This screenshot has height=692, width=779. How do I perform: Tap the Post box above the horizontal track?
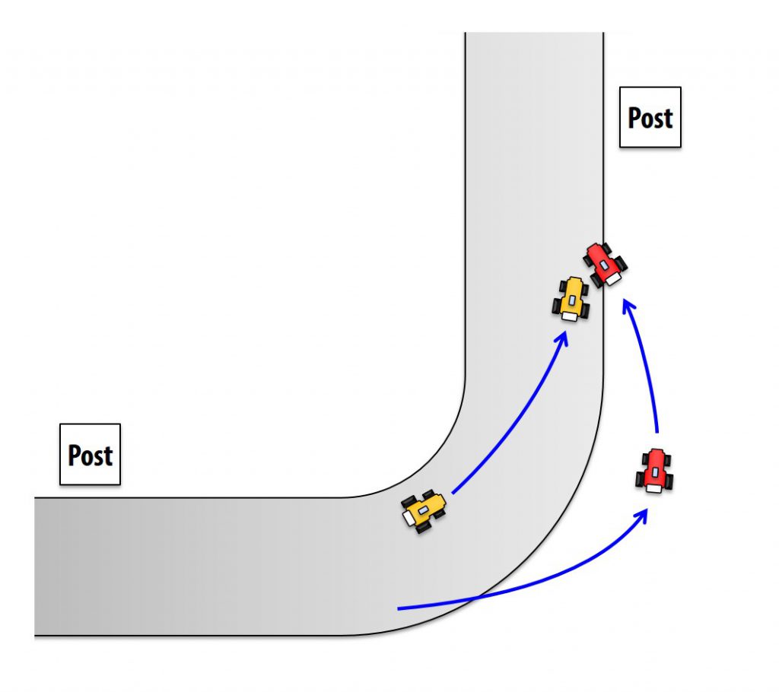pyautogui.click(x=91, y=454)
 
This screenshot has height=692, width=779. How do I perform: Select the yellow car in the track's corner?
pyautogui.click(x=424, y=510)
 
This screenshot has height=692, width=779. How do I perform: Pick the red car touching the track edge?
pyautogui.click(x=605, y=264)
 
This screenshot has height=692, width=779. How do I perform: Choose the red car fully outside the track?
pyautogui.click(x=654, y=470)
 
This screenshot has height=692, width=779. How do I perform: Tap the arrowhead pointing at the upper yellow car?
pyautogui.click(x=562, y=338)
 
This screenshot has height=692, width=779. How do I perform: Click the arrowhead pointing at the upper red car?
pyautogui.click(x=627, y=306)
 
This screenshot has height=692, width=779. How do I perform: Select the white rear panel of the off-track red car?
pyautogui.click(x=653, y=487)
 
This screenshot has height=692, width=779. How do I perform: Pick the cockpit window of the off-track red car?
pyautogui.click(x=654, y=472)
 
